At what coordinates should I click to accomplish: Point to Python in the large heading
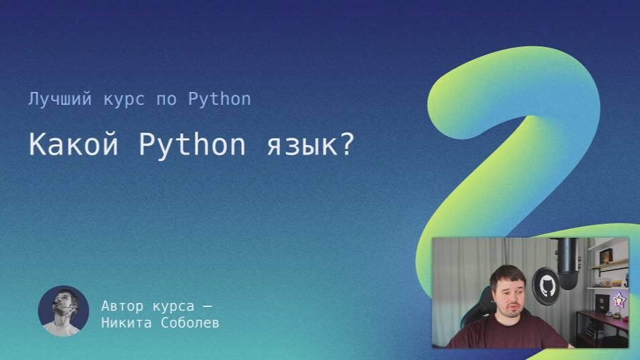(x=192, y=145)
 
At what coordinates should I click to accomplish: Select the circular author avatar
(x=63, y=311)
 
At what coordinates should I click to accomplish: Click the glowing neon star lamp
(x=619, y=302)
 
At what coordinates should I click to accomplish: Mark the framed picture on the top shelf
(x=604, y=256)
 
